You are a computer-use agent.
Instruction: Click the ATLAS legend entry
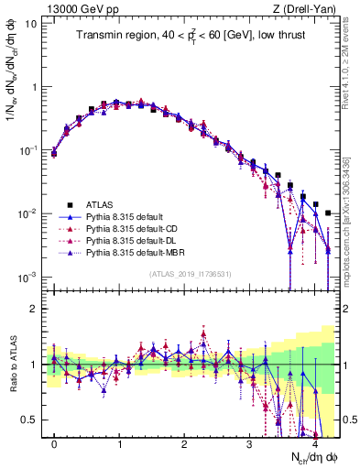click(x=97, y=204)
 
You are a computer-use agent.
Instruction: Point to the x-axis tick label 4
click(x=314, y=442)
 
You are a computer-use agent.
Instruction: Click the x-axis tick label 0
click(x=54, y=442)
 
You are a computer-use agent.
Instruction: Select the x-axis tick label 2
click(x=184, y=442)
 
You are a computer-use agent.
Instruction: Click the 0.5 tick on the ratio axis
click(x=30, y=420)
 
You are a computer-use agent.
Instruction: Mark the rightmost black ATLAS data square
click(x=328, y=213)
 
